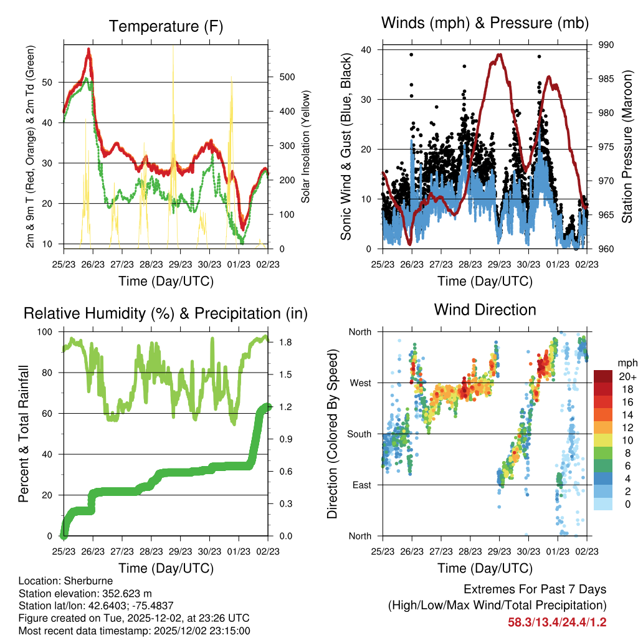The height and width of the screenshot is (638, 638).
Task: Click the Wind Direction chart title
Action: pos(485,309)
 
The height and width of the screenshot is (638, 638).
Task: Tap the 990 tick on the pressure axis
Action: pos(604,45)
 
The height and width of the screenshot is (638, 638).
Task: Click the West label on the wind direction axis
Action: pos(359,383)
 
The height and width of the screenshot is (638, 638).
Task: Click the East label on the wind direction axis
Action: pos(361,485)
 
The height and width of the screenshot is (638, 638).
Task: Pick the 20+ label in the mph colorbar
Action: pos(626,376)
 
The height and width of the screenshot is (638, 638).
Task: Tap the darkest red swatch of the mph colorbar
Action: pos(602,376)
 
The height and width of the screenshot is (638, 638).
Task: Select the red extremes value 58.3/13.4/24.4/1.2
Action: pos(557,622)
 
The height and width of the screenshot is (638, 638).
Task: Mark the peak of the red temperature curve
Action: pos(89,49)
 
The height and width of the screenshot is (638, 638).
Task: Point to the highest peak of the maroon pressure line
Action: pos(499,54)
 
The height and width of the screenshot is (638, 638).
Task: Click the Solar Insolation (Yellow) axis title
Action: pos(306,147)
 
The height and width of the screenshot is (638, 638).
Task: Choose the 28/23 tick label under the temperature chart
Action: pos(151,264)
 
